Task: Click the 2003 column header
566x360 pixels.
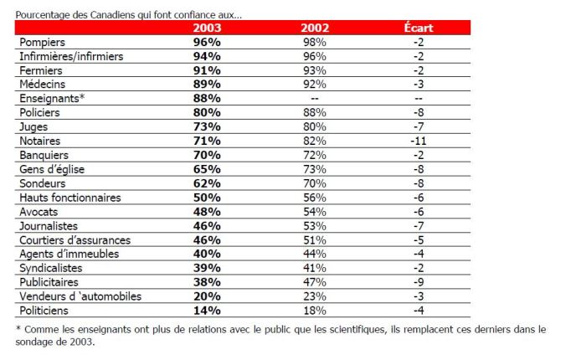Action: pyautogui.click(x=206, y=28)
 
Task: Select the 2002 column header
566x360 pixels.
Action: pyautogui.click(x=316, y=28)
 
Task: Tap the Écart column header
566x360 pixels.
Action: pyautogui.click(x=418, y=28)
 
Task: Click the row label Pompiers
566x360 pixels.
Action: pyautogui.click(x=44, y=42)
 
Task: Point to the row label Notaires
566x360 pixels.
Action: pyautogui.click(x=40, y=141)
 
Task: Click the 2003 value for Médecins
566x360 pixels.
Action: pyautogui.click(x=206, y=84)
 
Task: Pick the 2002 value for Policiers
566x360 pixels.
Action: pyautogui.click(x=316, y=112)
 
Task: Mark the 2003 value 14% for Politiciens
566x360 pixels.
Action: pyautogui.click(x=206, y=310)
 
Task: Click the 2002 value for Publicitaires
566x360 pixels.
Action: pyautogui.click(x=316, y=281)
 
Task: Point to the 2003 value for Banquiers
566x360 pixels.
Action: pyautogui.click(x=206, y=155)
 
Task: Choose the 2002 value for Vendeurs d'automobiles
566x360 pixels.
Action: pyautogui.click(x=316, y=296)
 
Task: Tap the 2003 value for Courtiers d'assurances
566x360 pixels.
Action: pyautogui.click(x=206, y=239)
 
